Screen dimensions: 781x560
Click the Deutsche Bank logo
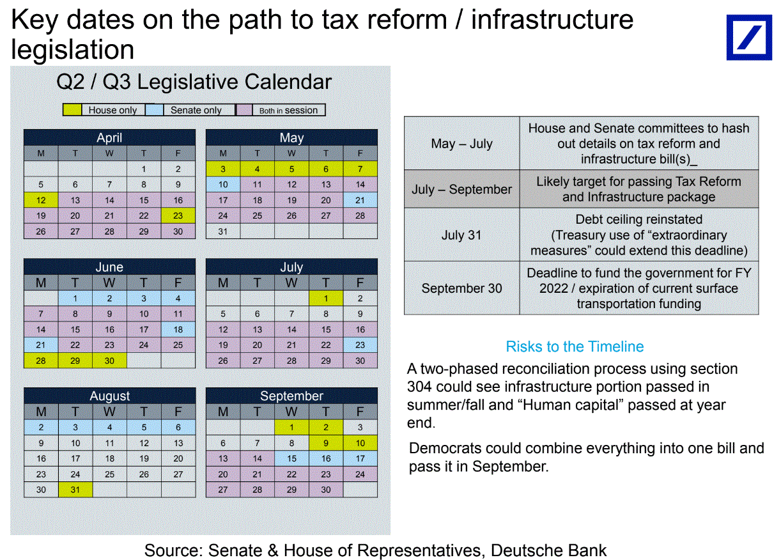coord(749,37)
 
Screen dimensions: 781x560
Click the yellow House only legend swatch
coord(72,110)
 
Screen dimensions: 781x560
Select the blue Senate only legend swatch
coord(154,110)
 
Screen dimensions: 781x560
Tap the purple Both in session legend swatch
coord(244,110)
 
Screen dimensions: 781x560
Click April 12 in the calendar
coord(41,200)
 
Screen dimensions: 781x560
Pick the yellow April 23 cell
coord(178,215)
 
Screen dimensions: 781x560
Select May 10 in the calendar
coord(223,185)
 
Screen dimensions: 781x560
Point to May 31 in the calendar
coord(223,231)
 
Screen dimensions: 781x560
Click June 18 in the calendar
coord(178,329)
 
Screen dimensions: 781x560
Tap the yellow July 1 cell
coord(326,299)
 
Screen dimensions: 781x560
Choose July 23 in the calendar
coord(360,345)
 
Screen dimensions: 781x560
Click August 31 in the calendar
coord(75,490)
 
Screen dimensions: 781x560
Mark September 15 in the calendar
coord(292,458)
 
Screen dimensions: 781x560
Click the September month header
coord(292,396)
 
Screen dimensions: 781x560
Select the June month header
coord(109,267)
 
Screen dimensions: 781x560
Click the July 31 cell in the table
coord(461,235)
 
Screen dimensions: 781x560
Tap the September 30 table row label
coord(461,288)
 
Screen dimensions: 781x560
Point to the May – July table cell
coord(461,143)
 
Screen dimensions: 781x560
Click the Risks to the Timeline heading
coord(575,346)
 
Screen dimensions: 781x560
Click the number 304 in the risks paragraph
coord(419,387)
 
